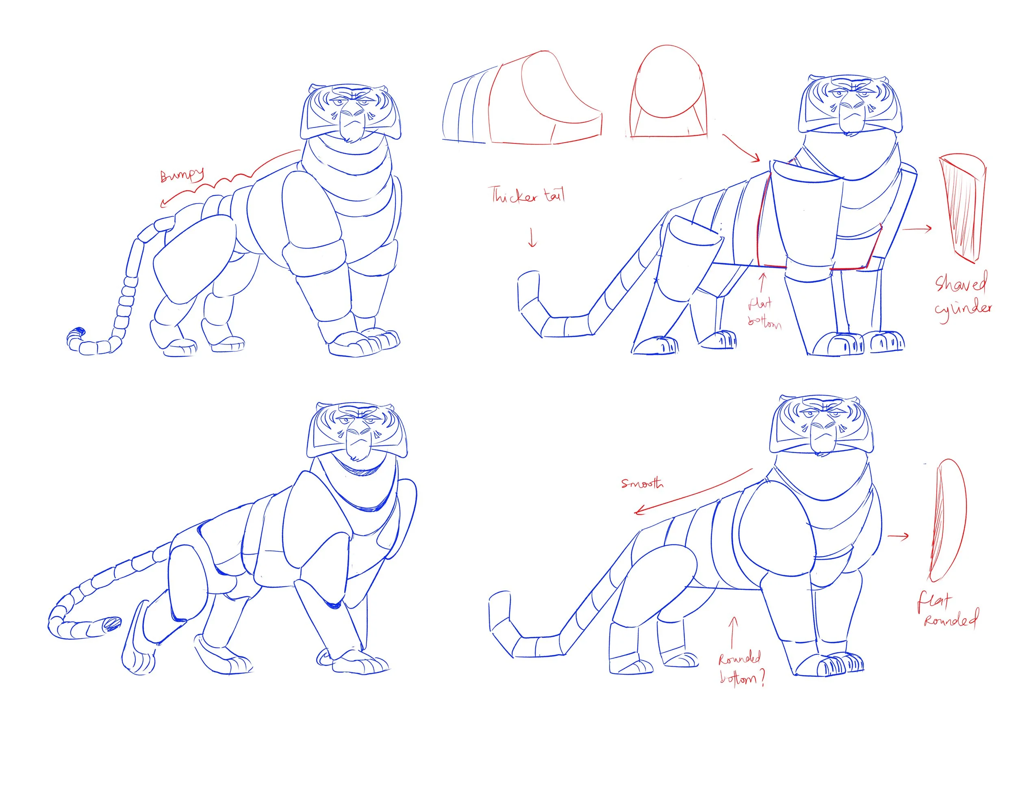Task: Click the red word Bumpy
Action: pos(182,174)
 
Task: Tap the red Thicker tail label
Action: pos(527,195)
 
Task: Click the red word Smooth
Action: pos(642,484)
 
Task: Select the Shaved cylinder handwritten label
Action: pos(962,296)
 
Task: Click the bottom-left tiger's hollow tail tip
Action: pos(112,624)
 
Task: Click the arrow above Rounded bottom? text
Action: pos(734,633)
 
